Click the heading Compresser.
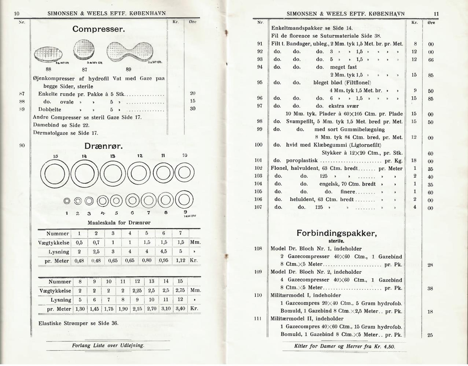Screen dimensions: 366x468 click(99, 29)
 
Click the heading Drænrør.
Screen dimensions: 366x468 click(104, 146)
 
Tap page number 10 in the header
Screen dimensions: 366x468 click(17, 14)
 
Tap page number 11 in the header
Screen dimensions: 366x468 click(436, 14)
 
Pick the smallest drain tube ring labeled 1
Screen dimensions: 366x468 click(67, 201)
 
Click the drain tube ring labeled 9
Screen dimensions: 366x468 click(184, 200)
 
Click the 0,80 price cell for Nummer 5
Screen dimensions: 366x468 click(147, 261)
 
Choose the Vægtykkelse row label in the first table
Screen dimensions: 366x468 click(54, 243)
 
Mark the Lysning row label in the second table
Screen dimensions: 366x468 click(60, 300)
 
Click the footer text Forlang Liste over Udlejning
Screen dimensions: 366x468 click(108, 345)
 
